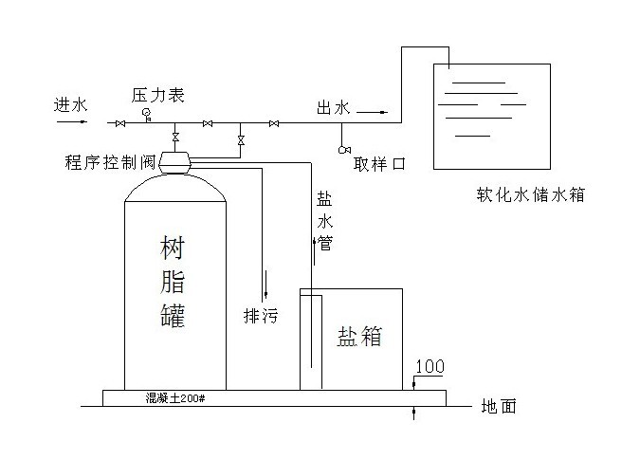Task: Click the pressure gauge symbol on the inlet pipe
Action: [147, 115]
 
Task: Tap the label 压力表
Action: [158, 95]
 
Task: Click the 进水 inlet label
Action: [70, 105]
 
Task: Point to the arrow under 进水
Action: [72, 121]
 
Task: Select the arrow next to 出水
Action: [374, 112]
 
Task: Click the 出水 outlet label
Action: [334, 108]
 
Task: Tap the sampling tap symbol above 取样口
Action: [344, 150]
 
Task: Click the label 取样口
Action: [379, 164]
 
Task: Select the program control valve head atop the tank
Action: [174, 163]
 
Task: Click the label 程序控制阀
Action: [110, 162]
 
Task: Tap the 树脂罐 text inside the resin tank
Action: [173, 282]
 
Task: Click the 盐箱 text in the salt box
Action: [359, 337]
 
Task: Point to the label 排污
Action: [261, 316]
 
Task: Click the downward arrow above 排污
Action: [266, 284]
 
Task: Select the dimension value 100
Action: [430, 366]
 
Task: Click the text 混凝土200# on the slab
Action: [175, 398]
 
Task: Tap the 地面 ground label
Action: [499, 406]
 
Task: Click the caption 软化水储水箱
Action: [531, 194]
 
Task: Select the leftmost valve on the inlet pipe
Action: [120, 123]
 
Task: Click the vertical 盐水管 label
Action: [325, 221]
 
